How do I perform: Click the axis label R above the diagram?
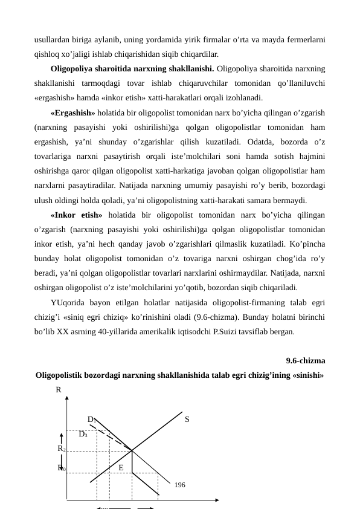click(x=59, y=391)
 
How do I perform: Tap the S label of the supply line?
click(x=187, y=419)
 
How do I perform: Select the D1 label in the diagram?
click(x=91, y=419)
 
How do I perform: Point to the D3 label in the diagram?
click(x=83, y=433)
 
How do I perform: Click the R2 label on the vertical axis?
click(x=62, y=449)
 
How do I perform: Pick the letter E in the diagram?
click(x=121, y=467)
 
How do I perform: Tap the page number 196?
click(x=181, y=485)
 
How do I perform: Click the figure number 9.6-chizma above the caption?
click(x=306, y=361)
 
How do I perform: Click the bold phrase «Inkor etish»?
click(x=77, y=214)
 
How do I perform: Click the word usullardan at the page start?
click(x=53, y=40)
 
